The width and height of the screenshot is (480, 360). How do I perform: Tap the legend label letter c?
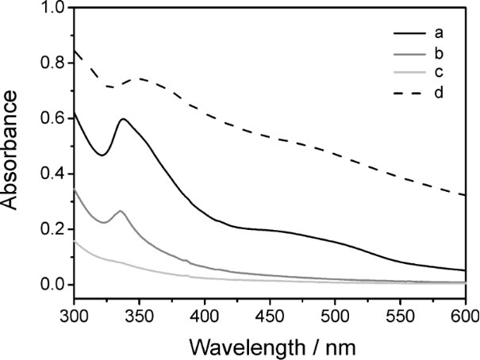tap(437, 74)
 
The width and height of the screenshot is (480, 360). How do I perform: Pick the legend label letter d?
tap(437, 94)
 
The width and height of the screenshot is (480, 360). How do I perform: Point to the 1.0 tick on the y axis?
tap(49, 8)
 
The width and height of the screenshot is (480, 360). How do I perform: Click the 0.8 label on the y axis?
tap(49, 63)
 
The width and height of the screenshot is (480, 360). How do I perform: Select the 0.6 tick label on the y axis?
tap(49, 119)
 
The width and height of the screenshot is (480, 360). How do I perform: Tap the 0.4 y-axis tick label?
tap(49, 174)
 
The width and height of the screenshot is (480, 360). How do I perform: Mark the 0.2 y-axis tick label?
tap(49, 230)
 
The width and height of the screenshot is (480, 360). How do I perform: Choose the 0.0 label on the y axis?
tap(49, 285)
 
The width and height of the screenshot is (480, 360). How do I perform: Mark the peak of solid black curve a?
tap(124, 120)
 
